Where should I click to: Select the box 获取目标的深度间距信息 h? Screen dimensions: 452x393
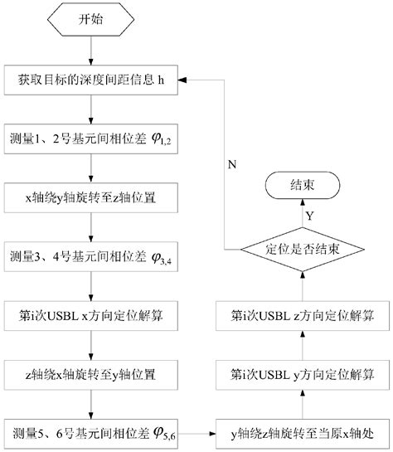[90, 80]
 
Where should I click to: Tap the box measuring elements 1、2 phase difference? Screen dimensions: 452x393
[90, 138]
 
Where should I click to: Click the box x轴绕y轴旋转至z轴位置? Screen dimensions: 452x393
[90, 198]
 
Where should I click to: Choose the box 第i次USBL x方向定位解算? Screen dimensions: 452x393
[90, 316]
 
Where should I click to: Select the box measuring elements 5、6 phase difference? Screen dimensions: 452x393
[90, 431]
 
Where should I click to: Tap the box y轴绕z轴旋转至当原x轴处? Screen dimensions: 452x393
[302, 431]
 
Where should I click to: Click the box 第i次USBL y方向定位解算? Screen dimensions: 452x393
[302, 373]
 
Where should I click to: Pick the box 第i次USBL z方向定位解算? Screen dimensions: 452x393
[302, 316]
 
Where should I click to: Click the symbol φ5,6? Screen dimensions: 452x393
[160, 433]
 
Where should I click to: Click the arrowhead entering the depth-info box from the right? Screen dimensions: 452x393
[184, 80]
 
